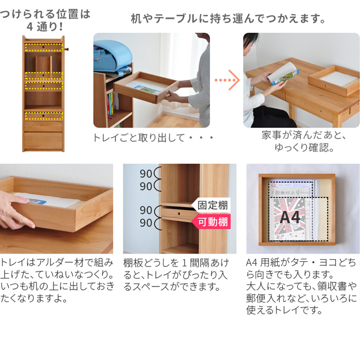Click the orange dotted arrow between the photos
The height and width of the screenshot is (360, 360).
tap(227, 80)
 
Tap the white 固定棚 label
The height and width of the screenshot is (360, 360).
tap(211, 205)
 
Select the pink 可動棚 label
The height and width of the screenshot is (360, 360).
tap(211, 222)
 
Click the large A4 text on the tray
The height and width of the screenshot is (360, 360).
tap(290, 217)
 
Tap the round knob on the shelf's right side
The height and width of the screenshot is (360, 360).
tap(67, 49)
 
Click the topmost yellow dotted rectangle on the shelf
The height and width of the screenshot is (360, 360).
tap(44, 47)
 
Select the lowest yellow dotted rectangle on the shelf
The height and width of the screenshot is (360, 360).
tap(44, 116)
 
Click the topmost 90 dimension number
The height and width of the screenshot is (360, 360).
tap(146, 174)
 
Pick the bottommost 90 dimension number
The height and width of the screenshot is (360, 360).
tap(146, 223)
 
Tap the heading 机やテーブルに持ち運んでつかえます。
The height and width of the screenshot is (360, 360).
tap(228, 19)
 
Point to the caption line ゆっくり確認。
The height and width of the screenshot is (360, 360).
tap(304, 147)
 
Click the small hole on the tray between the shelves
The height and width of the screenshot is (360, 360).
tap(179, 214)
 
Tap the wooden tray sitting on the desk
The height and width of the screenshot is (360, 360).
tap(334, 80)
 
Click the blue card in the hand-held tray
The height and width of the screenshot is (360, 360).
tap(37, 202)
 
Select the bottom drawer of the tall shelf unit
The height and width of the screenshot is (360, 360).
tap(43, 140)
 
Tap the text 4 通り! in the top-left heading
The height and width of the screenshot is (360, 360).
tap(45, 27)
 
